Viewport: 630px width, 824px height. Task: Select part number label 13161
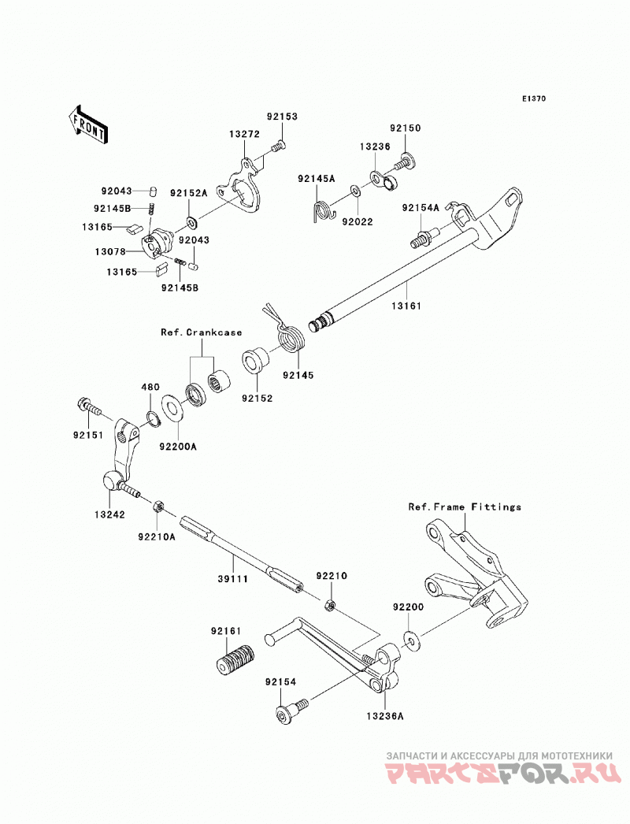[x=407, y=306]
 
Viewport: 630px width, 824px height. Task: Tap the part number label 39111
[x=233, y=579]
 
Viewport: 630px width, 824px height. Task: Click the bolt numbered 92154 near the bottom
[x=291, y=710]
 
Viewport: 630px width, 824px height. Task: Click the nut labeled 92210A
[x=157, y=507]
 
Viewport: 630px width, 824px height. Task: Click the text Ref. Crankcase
[x=202, y=332]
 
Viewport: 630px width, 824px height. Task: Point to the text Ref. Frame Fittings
[x=465, y=507]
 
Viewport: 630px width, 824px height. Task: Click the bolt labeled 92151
[x=90, y=406]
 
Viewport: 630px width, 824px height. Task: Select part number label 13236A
[x=386, y=716]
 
